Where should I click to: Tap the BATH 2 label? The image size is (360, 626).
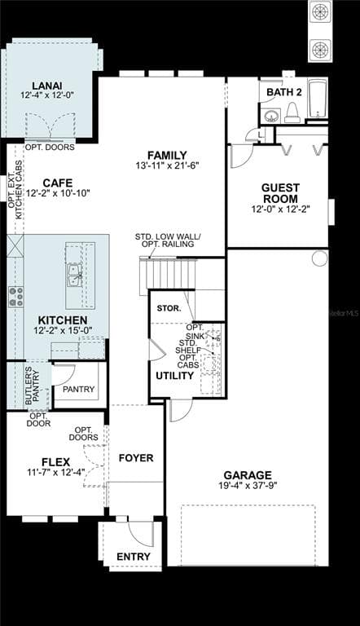tap(284, 92)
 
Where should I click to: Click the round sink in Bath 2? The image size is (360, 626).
tap(271, 116)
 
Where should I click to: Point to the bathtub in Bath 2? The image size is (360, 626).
tap(318, 100)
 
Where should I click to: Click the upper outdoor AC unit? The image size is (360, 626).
tap(320, 13)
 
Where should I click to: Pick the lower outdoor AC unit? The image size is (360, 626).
tap(320, 49)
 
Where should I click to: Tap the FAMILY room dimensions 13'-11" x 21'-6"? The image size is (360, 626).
tap(167, 166)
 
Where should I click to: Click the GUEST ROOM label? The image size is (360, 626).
tap(279, 193)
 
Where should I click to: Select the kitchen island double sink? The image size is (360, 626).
tap(74, 276)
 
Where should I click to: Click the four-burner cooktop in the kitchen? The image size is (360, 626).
tap(15, 296)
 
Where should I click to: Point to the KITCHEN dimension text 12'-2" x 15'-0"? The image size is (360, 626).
tap(63, 331)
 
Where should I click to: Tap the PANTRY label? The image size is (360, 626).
tap(79, 389)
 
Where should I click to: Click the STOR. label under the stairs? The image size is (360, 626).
tap(169, 308)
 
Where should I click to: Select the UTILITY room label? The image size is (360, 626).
tap(174, 376)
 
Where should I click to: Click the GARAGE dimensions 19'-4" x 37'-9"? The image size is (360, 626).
tap(248, 487)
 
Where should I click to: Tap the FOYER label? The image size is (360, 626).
tap(136, 458)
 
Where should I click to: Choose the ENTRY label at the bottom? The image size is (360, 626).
tap(133, 557)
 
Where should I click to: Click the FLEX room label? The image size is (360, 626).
tap(56, 461)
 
